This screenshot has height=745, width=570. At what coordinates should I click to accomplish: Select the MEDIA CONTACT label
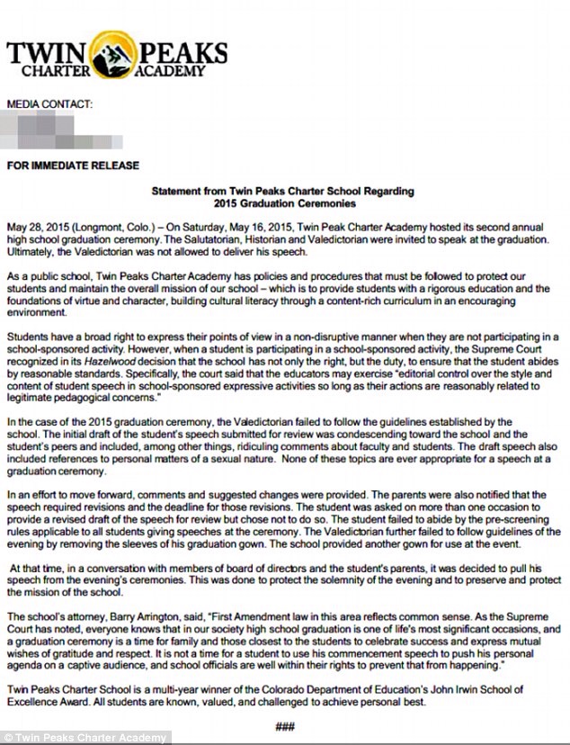[x=49, y=104]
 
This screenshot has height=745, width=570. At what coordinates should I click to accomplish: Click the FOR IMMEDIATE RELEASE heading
[x=73, y=166]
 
